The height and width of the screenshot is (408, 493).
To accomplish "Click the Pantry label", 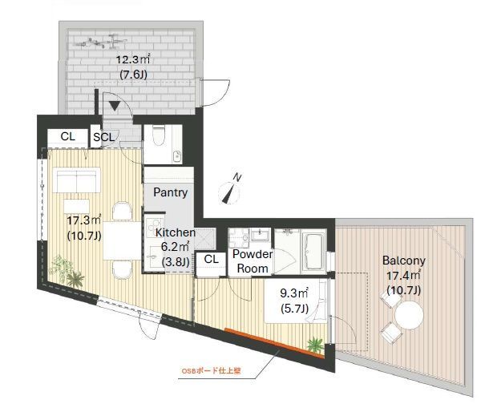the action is pos(171,192).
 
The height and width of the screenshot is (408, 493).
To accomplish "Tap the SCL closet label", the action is pos(104,137).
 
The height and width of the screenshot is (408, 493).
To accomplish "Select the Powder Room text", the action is pos(253,261).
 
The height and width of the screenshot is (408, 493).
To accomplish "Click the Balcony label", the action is pos(404,261).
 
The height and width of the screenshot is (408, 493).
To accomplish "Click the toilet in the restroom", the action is pos(159,135).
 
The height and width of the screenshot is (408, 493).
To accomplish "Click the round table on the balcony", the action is pos(409,315).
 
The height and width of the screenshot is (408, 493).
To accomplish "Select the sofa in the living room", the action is pos(76,180).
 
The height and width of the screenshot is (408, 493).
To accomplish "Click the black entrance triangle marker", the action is pos(115,107).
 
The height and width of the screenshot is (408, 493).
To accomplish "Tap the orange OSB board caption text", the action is pos(212,371).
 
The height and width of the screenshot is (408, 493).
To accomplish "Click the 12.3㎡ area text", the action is pos(133,59).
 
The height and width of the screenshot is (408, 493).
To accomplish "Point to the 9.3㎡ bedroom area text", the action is pos(294,293).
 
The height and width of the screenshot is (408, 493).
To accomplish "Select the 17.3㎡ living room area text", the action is pos(84,220).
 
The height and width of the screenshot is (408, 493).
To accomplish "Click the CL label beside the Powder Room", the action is pos(211,259).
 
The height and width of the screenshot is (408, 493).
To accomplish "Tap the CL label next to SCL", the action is pos(68,136).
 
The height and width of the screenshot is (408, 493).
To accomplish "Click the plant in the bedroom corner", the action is pos(315,345).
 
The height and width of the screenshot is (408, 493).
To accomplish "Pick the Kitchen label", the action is pos(176,232).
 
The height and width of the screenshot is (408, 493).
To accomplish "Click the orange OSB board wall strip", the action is pos(274,343).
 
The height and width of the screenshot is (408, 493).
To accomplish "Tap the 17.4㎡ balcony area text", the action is pos(403,276).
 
